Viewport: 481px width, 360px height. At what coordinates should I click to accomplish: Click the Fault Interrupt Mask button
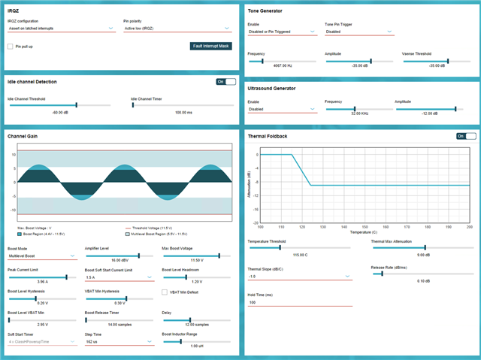click(x=211, y=46)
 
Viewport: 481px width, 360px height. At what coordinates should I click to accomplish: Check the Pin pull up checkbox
click(x=11, y=46)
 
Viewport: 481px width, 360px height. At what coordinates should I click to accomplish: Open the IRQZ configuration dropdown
click(x=61, y=29)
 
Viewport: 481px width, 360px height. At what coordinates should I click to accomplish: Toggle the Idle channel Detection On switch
click(x=225, y=81)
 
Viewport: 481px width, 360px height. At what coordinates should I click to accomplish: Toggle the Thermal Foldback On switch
click(x=466, y=136)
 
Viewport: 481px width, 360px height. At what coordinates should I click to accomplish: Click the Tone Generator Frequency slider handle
click(x=262, y=61)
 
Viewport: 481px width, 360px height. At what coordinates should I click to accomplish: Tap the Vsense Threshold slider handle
click(x=448, y=61)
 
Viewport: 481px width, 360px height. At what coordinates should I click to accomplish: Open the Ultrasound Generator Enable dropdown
click(x=283, y=109)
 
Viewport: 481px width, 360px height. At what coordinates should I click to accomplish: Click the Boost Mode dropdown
click(x=42, y=256)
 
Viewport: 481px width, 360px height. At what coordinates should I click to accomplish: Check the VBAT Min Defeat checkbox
click(x=165, y=292)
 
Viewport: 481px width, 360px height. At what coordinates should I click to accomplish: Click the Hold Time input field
click(x=300, y=302)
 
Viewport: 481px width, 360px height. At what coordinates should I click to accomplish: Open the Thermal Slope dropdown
click(x=300, y=276)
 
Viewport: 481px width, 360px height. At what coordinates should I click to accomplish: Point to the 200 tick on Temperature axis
click(x=469, y=227)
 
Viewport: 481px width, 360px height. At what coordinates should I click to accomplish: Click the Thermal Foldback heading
click(x=268, y=136)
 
